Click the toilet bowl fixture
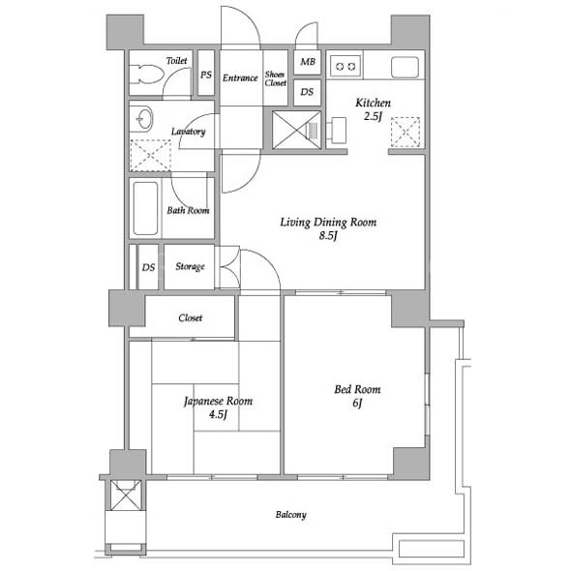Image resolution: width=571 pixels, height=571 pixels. coord(146,75)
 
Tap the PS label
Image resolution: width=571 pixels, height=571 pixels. coord(206,75)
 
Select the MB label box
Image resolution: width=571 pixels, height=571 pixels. coord(308,62)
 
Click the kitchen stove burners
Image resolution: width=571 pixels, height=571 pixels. coord(346,66)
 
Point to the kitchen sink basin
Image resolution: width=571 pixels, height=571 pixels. coord(405,67)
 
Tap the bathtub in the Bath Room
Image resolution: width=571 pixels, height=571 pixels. coord(146,208)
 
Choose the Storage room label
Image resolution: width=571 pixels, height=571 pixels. coord(190,266)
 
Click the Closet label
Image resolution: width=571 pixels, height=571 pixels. coord(191,317)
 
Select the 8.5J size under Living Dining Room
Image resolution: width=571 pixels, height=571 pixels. coord(328,235)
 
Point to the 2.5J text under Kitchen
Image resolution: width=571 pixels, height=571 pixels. coord(373,116)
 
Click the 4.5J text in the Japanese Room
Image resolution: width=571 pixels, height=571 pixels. coord(218,414)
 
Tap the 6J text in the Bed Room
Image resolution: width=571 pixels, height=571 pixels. coord(358,404)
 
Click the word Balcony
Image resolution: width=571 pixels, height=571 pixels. coord(291,515)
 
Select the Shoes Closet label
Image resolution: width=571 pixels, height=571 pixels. coord(275,78)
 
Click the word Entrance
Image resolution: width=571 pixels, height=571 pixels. coord(240,78)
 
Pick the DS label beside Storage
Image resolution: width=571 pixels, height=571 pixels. coord(148,268)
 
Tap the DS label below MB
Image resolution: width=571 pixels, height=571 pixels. coord(307,92)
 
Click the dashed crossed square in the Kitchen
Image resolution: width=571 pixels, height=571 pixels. coord(406,133)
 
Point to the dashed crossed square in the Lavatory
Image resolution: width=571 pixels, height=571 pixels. coord(150,156)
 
